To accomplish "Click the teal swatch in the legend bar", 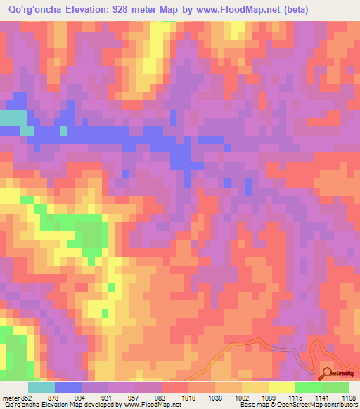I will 41,387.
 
